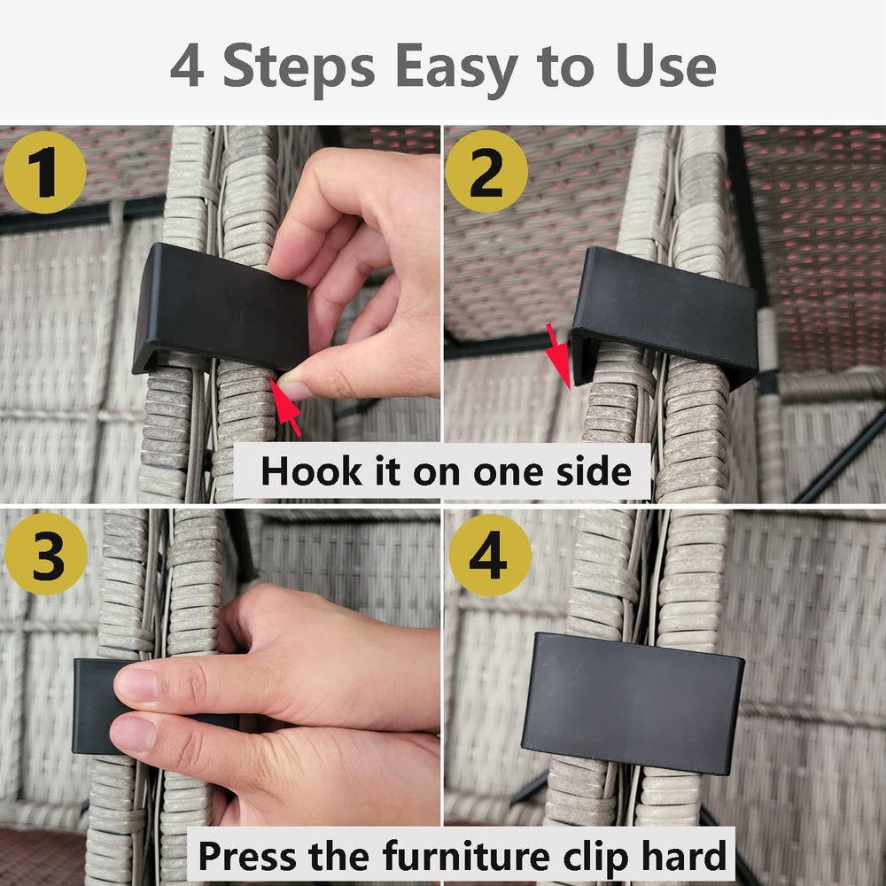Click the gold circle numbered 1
pos(44,173)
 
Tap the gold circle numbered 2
pos(486,171)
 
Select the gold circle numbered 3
pos(46,554)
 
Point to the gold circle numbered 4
pos(490,555)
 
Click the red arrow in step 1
pos(285,408)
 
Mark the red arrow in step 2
pos(559,355)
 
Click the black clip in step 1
pos(221,308)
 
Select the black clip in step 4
pos(633,703)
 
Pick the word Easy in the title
pos(456,69)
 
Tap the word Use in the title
pos(666,66)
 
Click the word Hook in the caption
pos(311,471)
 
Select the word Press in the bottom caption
pos(247,856)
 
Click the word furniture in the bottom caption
pos(467,856)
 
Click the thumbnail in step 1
pos(294,390)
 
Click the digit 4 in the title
pos(187,66)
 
